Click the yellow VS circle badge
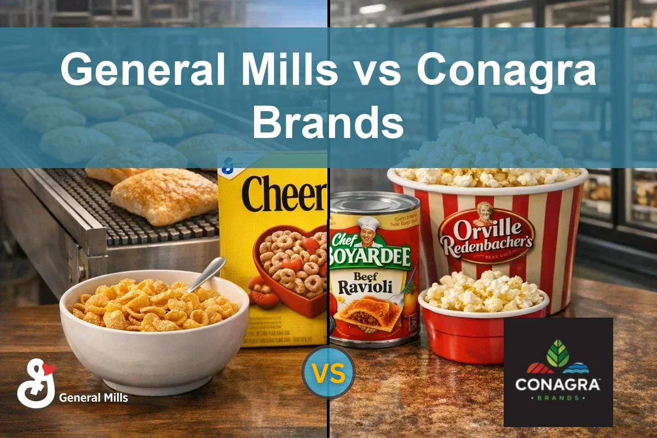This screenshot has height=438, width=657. click(x=328, y=372)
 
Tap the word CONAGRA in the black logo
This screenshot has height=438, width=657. click(x=558, y=384)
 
